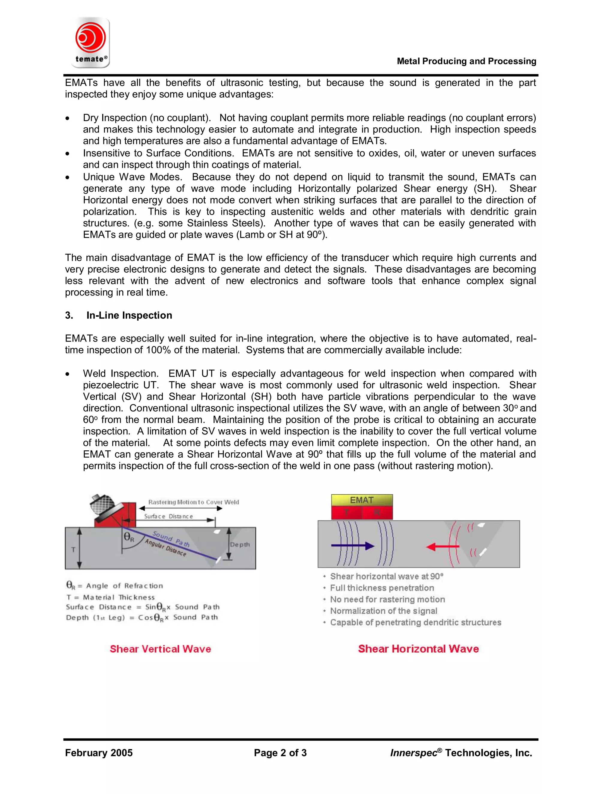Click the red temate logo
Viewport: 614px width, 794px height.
pyautogui.click(x=91, y=38)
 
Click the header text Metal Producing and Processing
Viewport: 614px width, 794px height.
pyautogui.click(x=466, y=61)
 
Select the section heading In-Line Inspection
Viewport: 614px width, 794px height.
pyautogui.click(x=129, y=315)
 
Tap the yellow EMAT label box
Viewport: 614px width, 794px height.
pyautogui.click(x=362, y=500)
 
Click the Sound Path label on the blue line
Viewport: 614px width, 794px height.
pyautogui.click(x=171, y=539)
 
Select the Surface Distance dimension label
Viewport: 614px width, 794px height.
pyautogui.click(x=168, y=516)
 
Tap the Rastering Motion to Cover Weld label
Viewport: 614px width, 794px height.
pyautogui.click(x=193, y=502)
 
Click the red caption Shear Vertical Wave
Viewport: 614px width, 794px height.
pyautogui.click(x=160, y=649)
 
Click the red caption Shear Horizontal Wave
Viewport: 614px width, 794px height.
pyautogui.click(x=418, y=649)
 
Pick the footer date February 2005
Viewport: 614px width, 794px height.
pyautogui.click(x=99, y=753)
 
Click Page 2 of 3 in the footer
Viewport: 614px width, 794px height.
pyautogui.click(x=280, y=753)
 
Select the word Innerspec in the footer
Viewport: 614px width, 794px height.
pyautogui.click(x=413, y=753)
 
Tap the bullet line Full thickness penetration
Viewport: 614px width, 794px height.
pyautogui.click(x=382, y=588)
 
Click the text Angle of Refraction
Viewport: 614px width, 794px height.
pyautogui.click(x=124, y=586)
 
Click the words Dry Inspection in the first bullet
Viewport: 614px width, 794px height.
pyautogui.click(x=115, y=118)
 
